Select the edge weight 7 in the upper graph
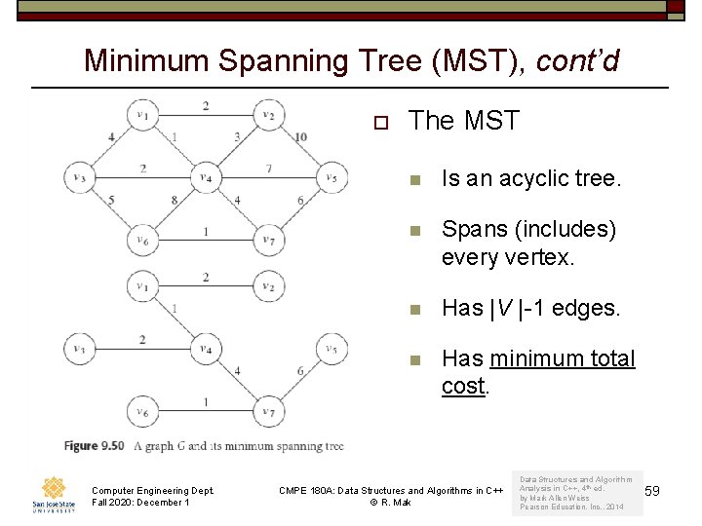pyautogui.click(x=267, y=169)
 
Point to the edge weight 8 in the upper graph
pyautogui.click(x=175, y=201)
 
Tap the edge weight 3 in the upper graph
pyautogui.click(x=238, y=136)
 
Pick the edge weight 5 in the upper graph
pyautogui.click(x=112, y=201)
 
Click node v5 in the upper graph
pyautogui.click(x=331, y=177)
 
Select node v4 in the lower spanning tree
pyautogui.click(x=205, y=348)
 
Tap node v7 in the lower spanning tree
pyautogui.click(x=267, y=411)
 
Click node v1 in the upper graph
pyautogui.click(x=142, y=115)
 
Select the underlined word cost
pyautogui.click(x=463, y=386)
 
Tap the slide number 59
pyautogui.click(x=652, y=491)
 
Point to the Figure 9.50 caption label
pyautogui.click(x=95, y=446)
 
